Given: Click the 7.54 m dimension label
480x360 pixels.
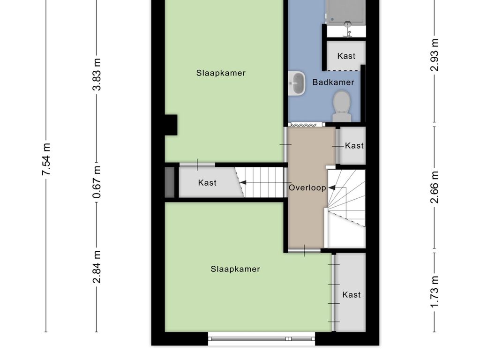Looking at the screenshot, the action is click(x=46, y=159).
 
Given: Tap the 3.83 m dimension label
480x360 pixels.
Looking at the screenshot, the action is click(x=97, y=75).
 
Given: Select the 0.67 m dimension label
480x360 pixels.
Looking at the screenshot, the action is click(x=97, y=182).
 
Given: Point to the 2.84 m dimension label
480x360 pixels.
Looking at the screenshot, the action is click(x=97, y=267).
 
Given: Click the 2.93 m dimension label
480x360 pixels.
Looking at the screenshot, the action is click(x=435, y=55).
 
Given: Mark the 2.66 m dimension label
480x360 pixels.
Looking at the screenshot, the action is click(x=435, y=187).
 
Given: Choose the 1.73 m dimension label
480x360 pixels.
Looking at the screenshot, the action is click(x=435, y=292).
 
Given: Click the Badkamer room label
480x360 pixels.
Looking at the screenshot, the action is click(x=333, y=82).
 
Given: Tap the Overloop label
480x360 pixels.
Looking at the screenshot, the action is click(x=307, y=187).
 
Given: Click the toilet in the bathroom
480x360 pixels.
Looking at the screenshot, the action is click(x=342, y=107).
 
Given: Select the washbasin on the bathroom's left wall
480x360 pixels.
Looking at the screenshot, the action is click(x=297, y=83).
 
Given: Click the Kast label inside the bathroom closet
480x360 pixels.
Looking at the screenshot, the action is click(x=346, y=56).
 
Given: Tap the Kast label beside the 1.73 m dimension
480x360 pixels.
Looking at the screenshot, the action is click(x=352, y=295).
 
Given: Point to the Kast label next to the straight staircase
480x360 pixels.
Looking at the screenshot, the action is click(x=207, y=183).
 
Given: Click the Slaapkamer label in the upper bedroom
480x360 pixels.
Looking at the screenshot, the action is click(x=221, y=73).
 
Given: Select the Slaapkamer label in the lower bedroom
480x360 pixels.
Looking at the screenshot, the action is click(x=235, y=269).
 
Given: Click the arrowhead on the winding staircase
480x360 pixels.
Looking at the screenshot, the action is click(x=332, y=187).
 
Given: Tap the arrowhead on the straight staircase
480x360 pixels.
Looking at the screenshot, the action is click(x=243, y=183).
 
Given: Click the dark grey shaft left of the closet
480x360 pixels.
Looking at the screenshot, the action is click(x=170, y=182).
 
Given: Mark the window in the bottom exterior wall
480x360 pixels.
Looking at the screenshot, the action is click(x=262, y=339).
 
